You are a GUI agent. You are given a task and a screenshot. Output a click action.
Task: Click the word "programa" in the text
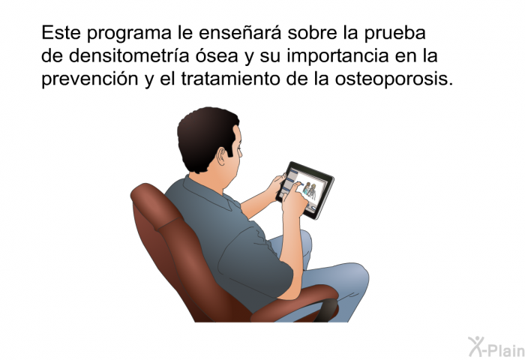point(129,34)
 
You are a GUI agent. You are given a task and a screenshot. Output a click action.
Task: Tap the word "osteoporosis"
point(394,79)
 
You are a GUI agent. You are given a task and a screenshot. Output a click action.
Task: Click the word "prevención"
point(90,79)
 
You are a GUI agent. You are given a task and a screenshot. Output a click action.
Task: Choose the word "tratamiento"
point(231,79)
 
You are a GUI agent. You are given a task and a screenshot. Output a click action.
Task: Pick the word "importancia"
point(337,57)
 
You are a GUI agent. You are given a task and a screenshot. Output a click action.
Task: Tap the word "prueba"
point(395,34)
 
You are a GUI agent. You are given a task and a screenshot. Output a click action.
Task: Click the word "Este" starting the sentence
point(61,33)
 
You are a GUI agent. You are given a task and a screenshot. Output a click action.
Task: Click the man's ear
point(221,157)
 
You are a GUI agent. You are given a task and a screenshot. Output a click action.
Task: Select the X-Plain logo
point(496,347)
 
